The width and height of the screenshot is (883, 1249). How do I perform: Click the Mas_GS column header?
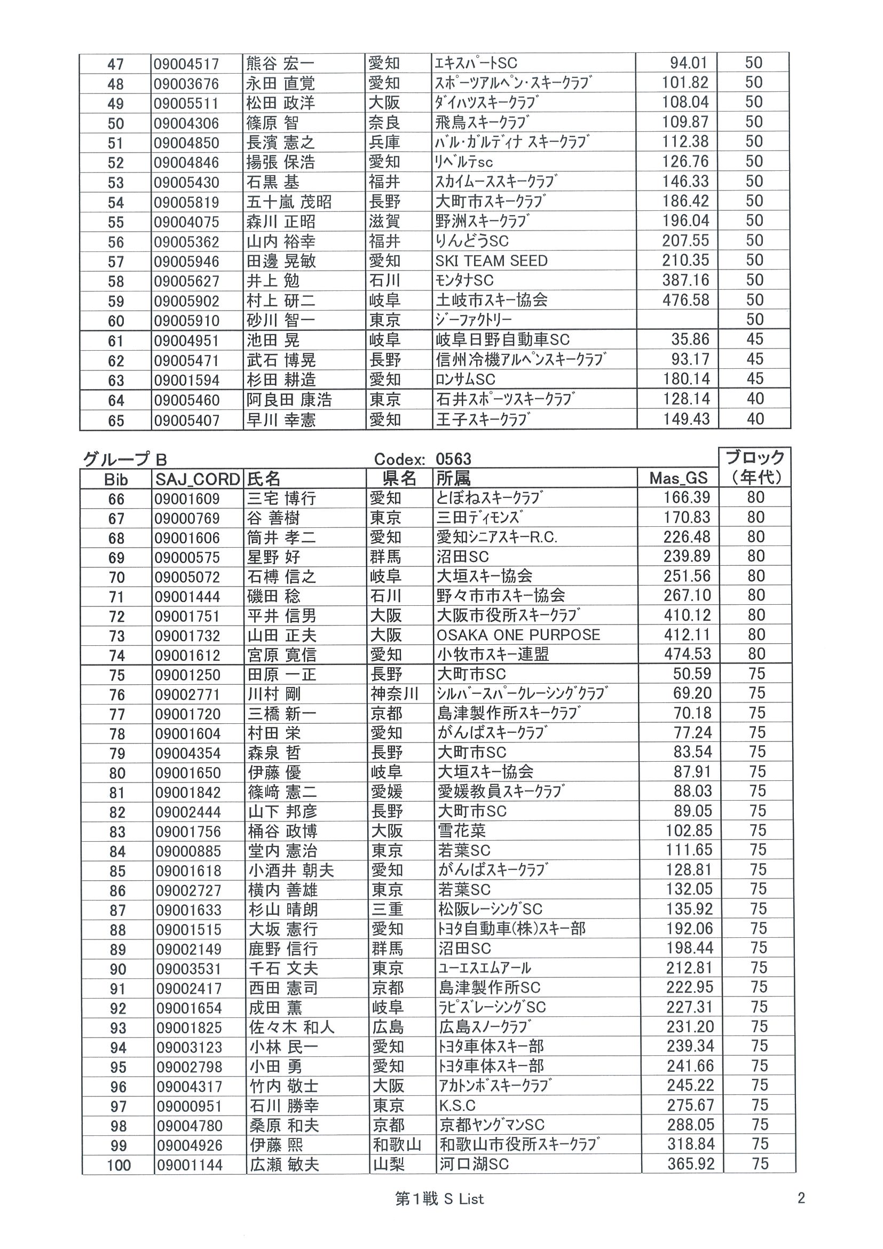point(678,478)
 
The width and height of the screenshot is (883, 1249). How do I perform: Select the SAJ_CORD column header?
point(198,479)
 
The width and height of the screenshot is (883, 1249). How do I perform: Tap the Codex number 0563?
point(453,459)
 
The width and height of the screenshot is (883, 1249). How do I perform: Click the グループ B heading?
point(124,460)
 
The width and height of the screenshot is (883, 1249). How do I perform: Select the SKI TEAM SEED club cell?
point(491,261)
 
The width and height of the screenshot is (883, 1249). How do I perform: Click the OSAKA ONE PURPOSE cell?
point(518,635)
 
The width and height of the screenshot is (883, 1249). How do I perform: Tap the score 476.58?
point(685,301)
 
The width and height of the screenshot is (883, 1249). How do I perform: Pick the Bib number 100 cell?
point(119,1165)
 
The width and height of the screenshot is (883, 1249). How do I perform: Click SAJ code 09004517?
point(186,64)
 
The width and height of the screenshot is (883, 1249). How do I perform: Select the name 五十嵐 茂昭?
point(289,202)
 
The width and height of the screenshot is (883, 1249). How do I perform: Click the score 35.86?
point(690,339)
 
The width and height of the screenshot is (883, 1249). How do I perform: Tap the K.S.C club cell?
point(457,1106)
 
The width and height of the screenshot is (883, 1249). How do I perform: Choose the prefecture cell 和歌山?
point(397,1145)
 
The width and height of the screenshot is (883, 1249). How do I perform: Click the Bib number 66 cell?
point(116,499)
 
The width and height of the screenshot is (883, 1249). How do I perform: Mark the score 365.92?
point(690,1165)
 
